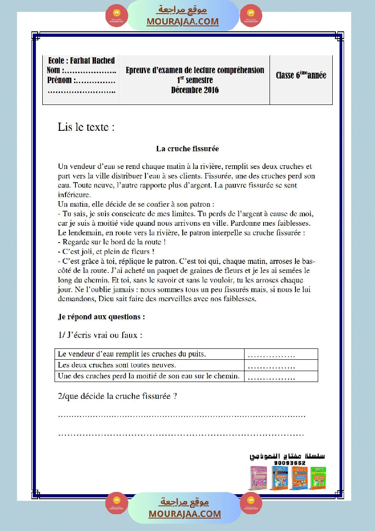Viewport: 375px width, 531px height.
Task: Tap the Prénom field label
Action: click(x=60, y=80)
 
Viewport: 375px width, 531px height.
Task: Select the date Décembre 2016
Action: click(x=195, y=90)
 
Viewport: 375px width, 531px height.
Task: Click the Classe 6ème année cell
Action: click(x=301, y=75)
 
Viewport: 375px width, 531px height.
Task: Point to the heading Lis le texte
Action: click(x=86, y=127)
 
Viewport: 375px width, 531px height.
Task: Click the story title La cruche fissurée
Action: click(x=187, y=149)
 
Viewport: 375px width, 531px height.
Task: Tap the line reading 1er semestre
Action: click(x=195, y=80)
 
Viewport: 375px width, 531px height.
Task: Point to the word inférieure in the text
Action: click(x=75, y=194)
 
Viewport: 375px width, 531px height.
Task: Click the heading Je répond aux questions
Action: click(x=101, y=316)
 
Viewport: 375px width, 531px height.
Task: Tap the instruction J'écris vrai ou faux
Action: click(x=100, y=335)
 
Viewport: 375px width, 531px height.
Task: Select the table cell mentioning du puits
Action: click(x=150, y=354)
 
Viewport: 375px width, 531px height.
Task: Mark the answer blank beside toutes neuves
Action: click(x=272, y=365)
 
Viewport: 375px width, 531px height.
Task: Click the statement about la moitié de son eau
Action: click(x=150, y=376)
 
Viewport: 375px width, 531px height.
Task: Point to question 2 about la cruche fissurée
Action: click(x=117, y=396)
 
